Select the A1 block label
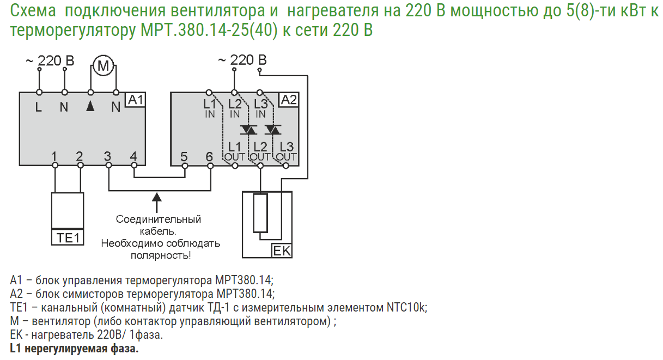(x=136, y=100)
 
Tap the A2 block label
(x=288, y=100)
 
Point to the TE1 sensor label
(x=68, y=238)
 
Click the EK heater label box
(x=282, y=251)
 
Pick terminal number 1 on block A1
(x=54, y=157)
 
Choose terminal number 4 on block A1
(x=133, y=157)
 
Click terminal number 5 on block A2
(x=184, y=157)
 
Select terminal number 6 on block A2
(x=210, y=157)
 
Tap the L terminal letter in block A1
(x=39, y=107)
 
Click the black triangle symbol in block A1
(x=90, y=107)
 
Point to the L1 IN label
(x=210, y=108)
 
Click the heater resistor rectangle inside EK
(x=261, y=213)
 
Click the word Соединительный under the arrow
(x=159, y=219)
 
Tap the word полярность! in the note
(x=161, y=255)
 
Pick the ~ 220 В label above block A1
(x=50, y=60)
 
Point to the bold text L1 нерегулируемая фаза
(x=75, y=348)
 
